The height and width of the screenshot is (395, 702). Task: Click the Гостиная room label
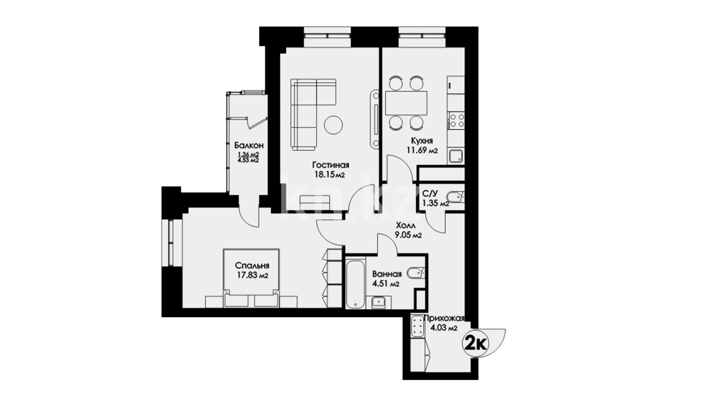(x=331, y=165)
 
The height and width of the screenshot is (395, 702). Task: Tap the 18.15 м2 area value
(x=330, y=174)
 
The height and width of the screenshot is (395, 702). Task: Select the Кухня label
(x=422, y=141)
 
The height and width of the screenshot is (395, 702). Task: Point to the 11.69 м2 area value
(x=422, y=150)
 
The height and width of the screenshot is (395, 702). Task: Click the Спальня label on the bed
(x=252, y=266)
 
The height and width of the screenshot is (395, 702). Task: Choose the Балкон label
(x=249, y=146)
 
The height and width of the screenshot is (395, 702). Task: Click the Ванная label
(x=387, y=274)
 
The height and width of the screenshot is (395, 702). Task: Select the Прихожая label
(x=444, y=319)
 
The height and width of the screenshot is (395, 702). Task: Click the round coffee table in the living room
(x=333, y=125)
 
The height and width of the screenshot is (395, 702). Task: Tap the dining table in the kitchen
(x=406, y=103)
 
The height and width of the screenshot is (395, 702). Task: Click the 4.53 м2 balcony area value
(x=249, y=160)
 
